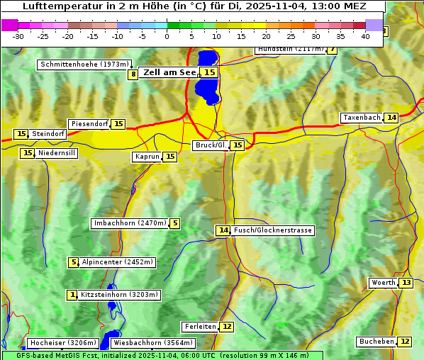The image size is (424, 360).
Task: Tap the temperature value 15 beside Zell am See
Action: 209,72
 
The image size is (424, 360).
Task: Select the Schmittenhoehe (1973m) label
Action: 83,64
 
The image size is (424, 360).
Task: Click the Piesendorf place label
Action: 89,124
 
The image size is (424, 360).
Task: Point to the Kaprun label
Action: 147,157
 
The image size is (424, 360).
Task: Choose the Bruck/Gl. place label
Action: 211,145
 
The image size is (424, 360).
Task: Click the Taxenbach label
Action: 362,118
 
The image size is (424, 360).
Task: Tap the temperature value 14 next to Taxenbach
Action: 391,118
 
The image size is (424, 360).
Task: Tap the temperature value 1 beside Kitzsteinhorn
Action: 72,295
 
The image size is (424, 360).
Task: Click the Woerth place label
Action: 384,283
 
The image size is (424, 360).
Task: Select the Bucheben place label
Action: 376,342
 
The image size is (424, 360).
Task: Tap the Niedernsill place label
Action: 57,153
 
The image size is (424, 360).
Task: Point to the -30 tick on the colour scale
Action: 18,35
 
